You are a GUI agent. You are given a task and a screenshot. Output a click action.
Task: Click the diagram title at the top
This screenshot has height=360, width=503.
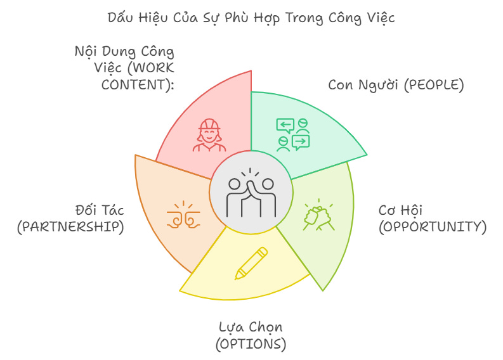click(x=251, y=17)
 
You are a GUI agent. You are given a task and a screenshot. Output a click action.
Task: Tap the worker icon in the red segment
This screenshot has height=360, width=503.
click(x=208, y=135)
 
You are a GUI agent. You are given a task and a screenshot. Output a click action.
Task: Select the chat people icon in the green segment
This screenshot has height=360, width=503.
click(x=293, y=134)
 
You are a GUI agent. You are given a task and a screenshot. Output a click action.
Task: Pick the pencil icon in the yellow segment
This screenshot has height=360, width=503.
click(x=251, y=263)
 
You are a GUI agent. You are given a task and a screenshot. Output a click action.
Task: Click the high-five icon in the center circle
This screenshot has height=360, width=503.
click(x=251, y=193)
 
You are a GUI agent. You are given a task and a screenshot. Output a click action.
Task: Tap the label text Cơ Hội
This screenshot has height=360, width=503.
click(x=400, y=210)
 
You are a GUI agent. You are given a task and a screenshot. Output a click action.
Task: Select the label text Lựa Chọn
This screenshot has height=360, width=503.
click(x=251, y=327)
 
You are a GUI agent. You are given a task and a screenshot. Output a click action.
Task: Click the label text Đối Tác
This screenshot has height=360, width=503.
click(x=98, y=210)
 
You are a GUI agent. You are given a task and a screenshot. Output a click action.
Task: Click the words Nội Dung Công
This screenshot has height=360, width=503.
click(x=124, y=51)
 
